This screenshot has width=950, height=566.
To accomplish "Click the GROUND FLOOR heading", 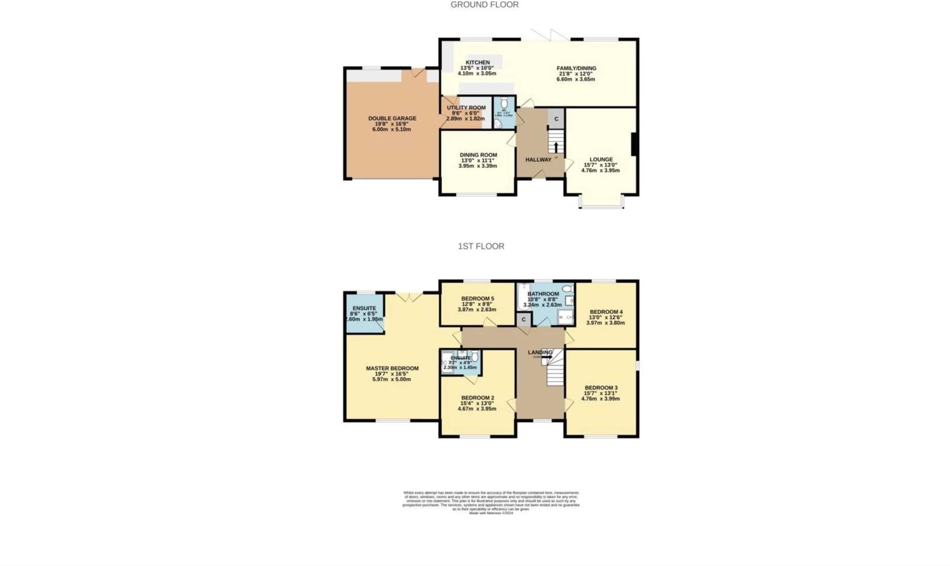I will coord(484,5).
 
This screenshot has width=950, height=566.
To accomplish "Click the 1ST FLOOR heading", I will coord(481,246).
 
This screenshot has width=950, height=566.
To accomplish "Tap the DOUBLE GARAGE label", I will coord(392,118).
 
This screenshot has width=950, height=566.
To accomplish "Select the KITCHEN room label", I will coord(477,63).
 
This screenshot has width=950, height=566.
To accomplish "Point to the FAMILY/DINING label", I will coord(576,68).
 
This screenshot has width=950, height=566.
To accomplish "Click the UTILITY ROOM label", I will coord(466,108).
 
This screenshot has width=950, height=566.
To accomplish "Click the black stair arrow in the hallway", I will coord(556,147).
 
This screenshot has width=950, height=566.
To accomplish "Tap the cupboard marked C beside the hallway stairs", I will coord(556,119).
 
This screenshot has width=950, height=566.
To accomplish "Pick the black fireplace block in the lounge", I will coord(634,144).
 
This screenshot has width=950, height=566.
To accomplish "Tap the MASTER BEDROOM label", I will coord(392,368).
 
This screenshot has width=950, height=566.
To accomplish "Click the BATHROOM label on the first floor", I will coord(543,294).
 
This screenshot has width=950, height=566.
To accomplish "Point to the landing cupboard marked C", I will coord(524,320).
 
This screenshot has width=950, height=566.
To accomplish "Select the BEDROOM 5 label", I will coord(477,299).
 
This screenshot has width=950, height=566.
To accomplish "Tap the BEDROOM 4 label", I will coord(606,312).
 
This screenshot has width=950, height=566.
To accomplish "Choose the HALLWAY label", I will coord(538,160).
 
